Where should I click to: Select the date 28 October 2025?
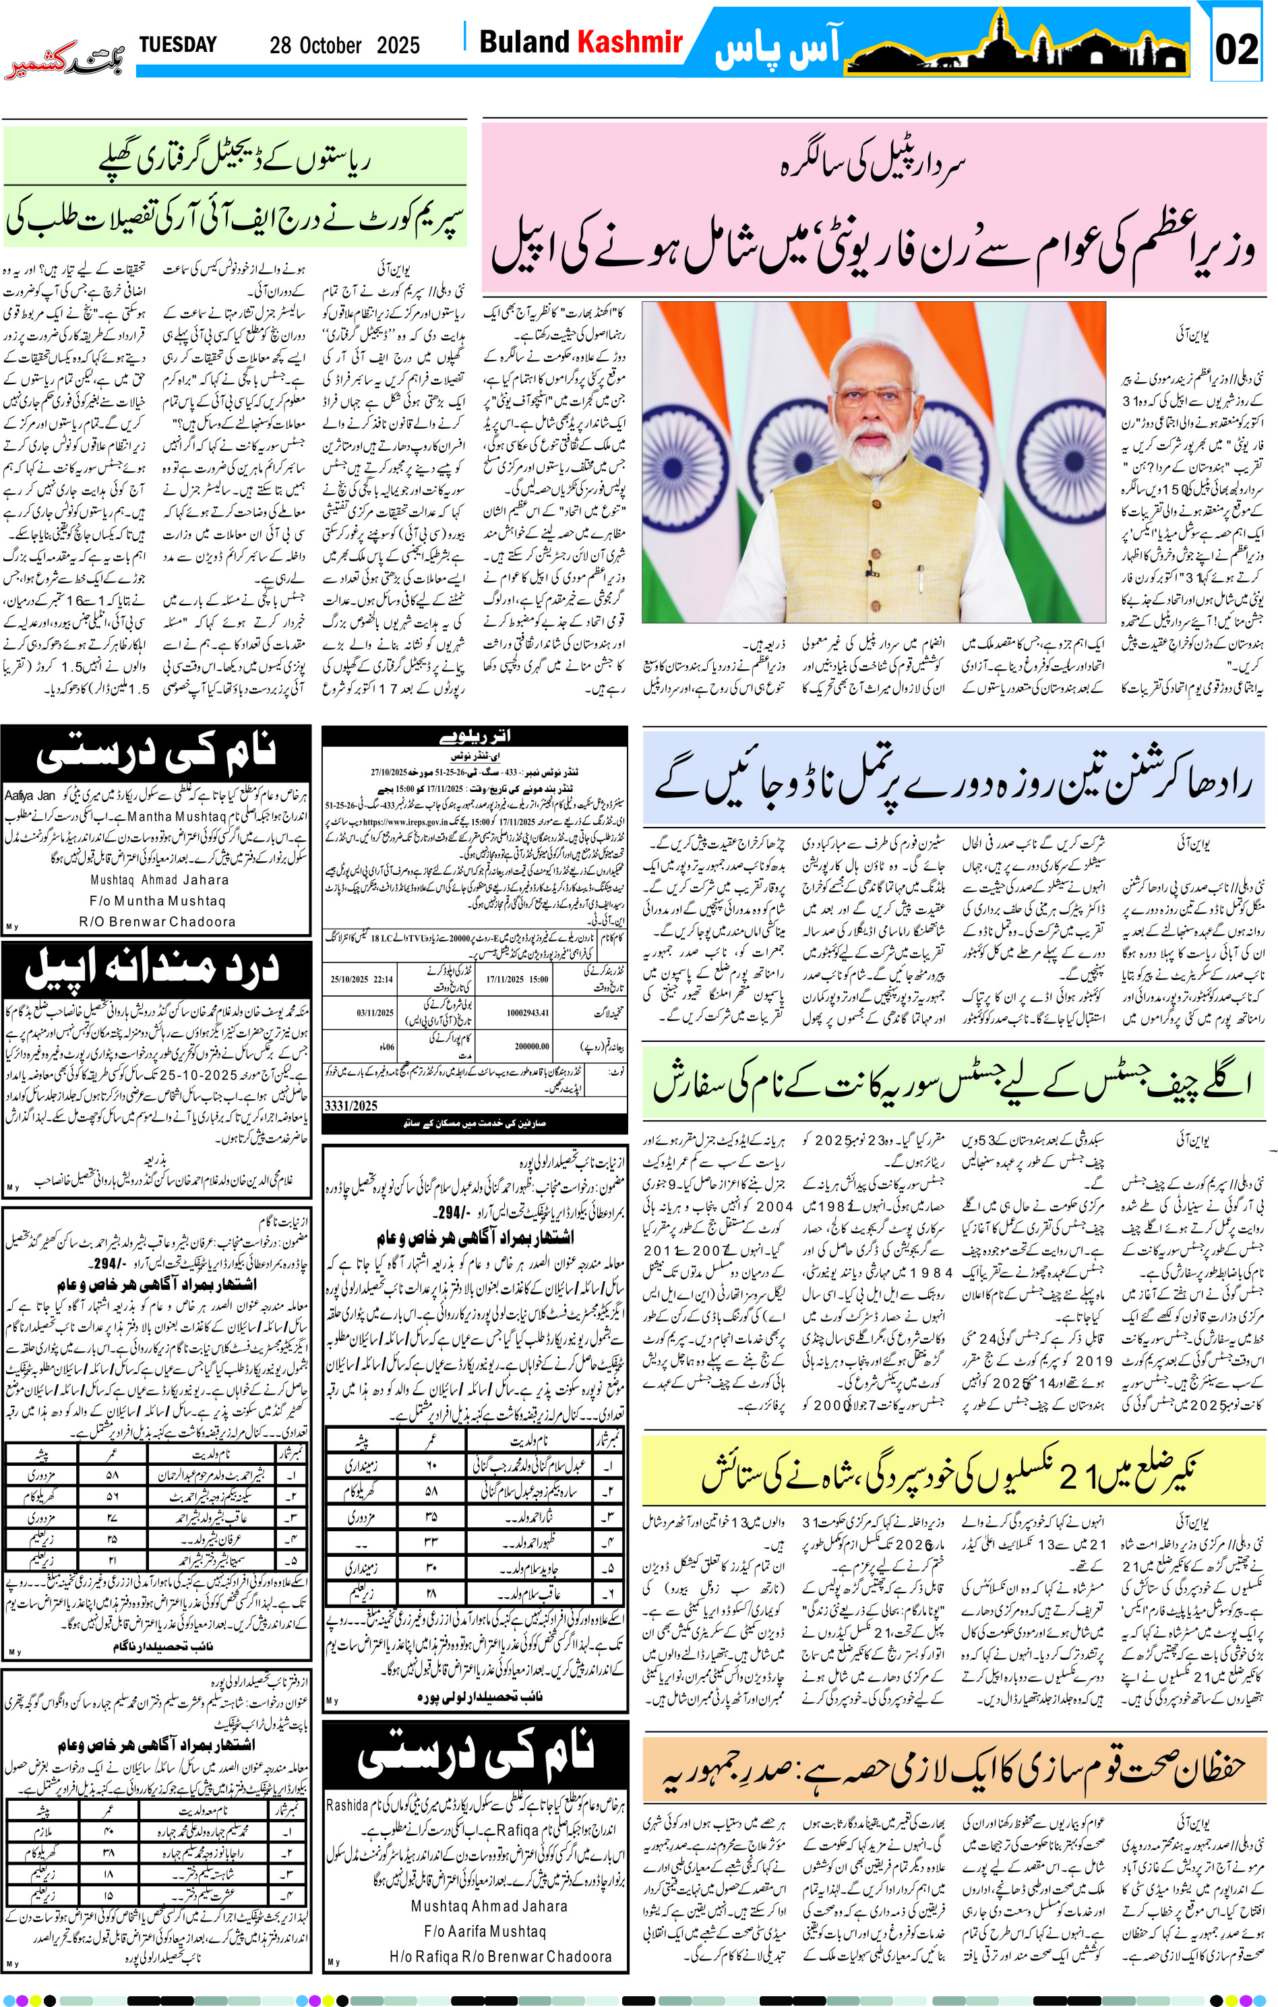[344, 46]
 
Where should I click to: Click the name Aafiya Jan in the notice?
[30, 796]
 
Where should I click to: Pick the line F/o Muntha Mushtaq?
[158, 901]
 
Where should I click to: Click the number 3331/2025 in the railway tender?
[351, 1105]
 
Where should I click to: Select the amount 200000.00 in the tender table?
[531, 1045]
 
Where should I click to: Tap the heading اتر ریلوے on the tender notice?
[475, 737]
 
